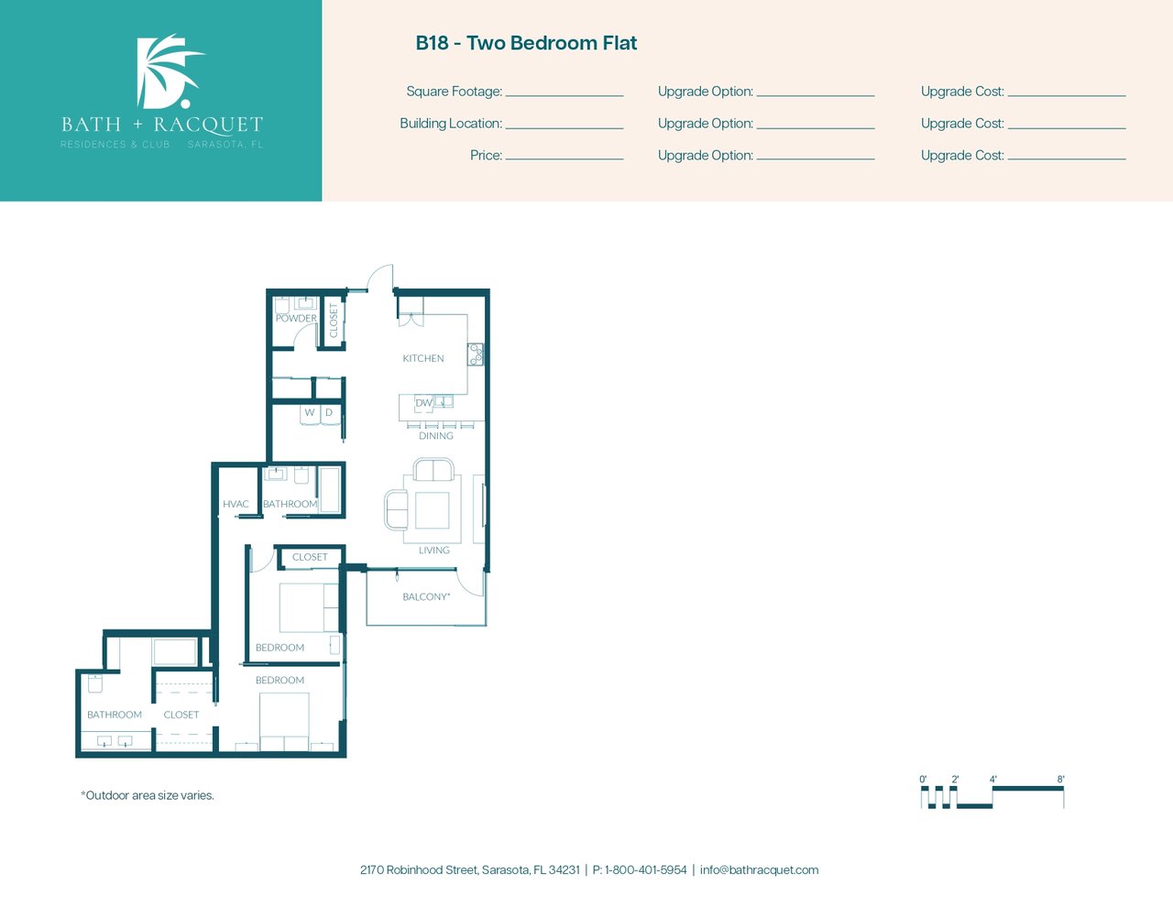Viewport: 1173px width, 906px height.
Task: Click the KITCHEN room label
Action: pyautogui.click(x=423, y=358)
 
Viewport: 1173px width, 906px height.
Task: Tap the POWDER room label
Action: pyautogui.click(x=296, y=319)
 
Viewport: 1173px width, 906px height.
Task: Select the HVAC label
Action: pyautogui.click(x=236, y=504)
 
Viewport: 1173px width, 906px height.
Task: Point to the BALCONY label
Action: pyautogui.click(x=426, y=596)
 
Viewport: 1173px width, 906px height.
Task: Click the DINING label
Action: pyautogui.click(x=436, y=435)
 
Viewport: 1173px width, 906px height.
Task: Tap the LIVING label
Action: pyautogui.click(x=434, y=550)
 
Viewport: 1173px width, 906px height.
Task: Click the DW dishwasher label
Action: pyautogui.click(x=423, y=402)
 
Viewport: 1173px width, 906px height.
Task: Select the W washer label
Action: pyautogui.click(x=310, y=412)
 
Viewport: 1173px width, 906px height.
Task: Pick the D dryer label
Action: pyautogui.click(x=329, y=412)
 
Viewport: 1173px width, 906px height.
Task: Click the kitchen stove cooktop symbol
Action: pyautogui.click(x=476, y=355)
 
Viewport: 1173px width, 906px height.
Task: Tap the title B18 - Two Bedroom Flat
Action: pyautogui.click(x=526, y=43)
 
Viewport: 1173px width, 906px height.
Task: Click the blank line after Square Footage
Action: pyautogui.click(x=565, y=96)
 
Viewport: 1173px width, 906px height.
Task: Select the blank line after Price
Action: pyautogui.click(x=565, y=159)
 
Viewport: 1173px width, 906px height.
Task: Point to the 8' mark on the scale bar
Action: pyautogui.click(x=1060, y=780)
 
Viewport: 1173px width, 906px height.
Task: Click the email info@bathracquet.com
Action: pyautogui.click(x=759, y=870)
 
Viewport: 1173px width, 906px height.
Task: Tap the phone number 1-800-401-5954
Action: pyautogui.click(x=646, y=870)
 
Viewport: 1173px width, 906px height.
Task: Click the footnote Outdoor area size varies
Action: pyautogui.click(x=148, y=795)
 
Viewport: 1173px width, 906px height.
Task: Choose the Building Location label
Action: pyautogui.click(x=451, y=124)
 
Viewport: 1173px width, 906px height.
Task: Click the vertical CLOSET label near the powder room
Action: pyautogui.click(x=334, y=321)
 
